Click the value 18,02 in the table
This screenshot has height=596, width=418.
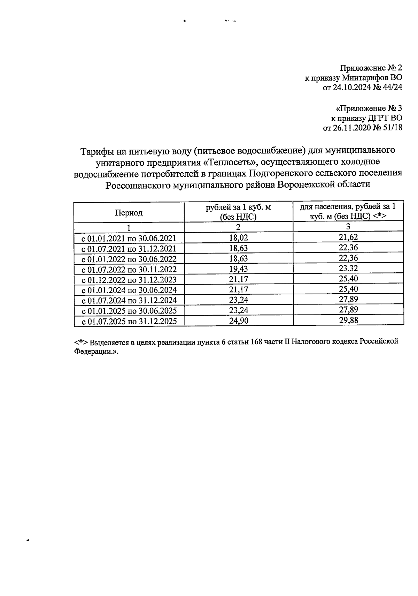[x=239, y=238]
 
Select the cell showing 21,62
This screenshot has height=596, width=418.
[x=348, y=237]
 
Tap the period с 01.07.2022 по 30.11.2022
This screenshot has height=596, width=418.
[x=129, y=270]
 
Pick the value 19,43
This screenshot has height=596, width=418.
[x=239, y=269]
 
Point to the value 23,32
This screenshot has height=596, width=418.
[x=348, y=269]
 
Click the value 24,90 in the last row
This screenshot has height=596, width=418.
[x=239, y=320]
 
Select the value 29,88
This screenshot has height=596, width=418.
[x=348, y=320]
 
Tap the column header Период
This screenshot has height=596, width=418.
[x=129, y=213]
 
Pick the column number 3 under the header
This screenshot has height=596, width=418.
[x=348, y=227]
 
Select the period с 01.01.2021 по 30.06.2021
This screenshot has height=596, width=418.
[x=129, y=239]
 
